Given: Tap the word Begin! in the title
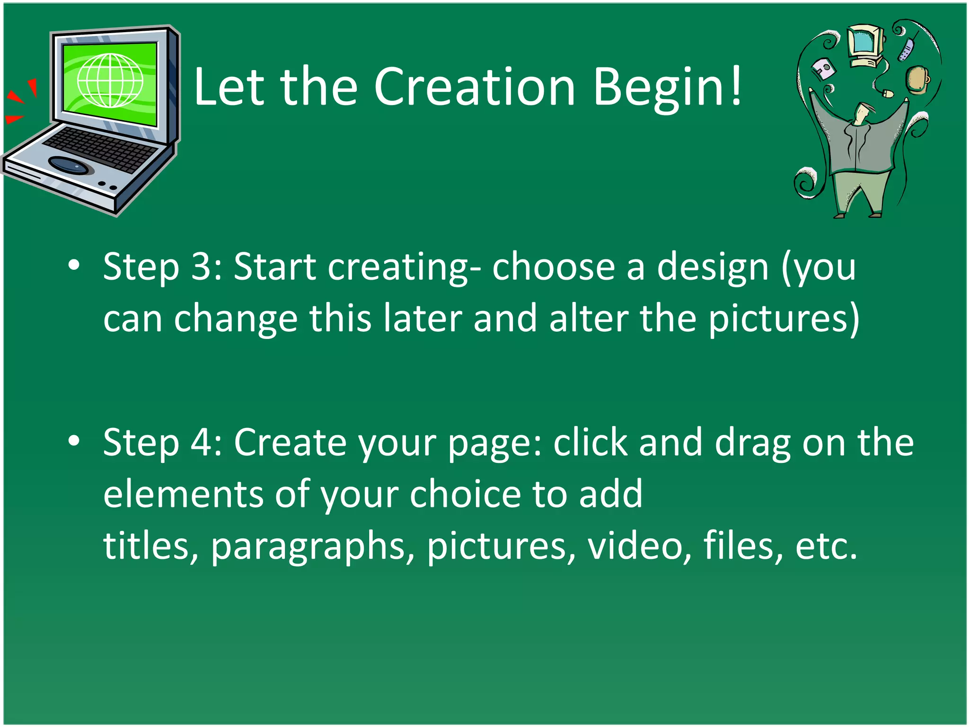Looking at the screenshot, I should click(x=667, y=88).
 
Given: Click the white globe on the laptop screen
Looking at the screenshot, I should click(x=110, y=80).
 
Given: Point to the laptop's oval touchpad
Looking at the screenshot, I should click(x=69, y=165).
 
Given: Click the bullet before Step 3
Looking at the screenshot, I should click(x=74, y=266).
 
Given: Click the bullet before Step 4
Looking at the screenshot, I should click(x=74, y=441).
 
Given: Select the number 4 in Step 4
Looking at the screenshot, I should click(x=202, y=442).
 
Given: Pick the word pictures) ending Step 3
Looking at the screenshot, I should click(x=784, y=319).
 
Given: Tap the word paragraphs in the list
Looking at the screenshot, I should click(x=312, y=547).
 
